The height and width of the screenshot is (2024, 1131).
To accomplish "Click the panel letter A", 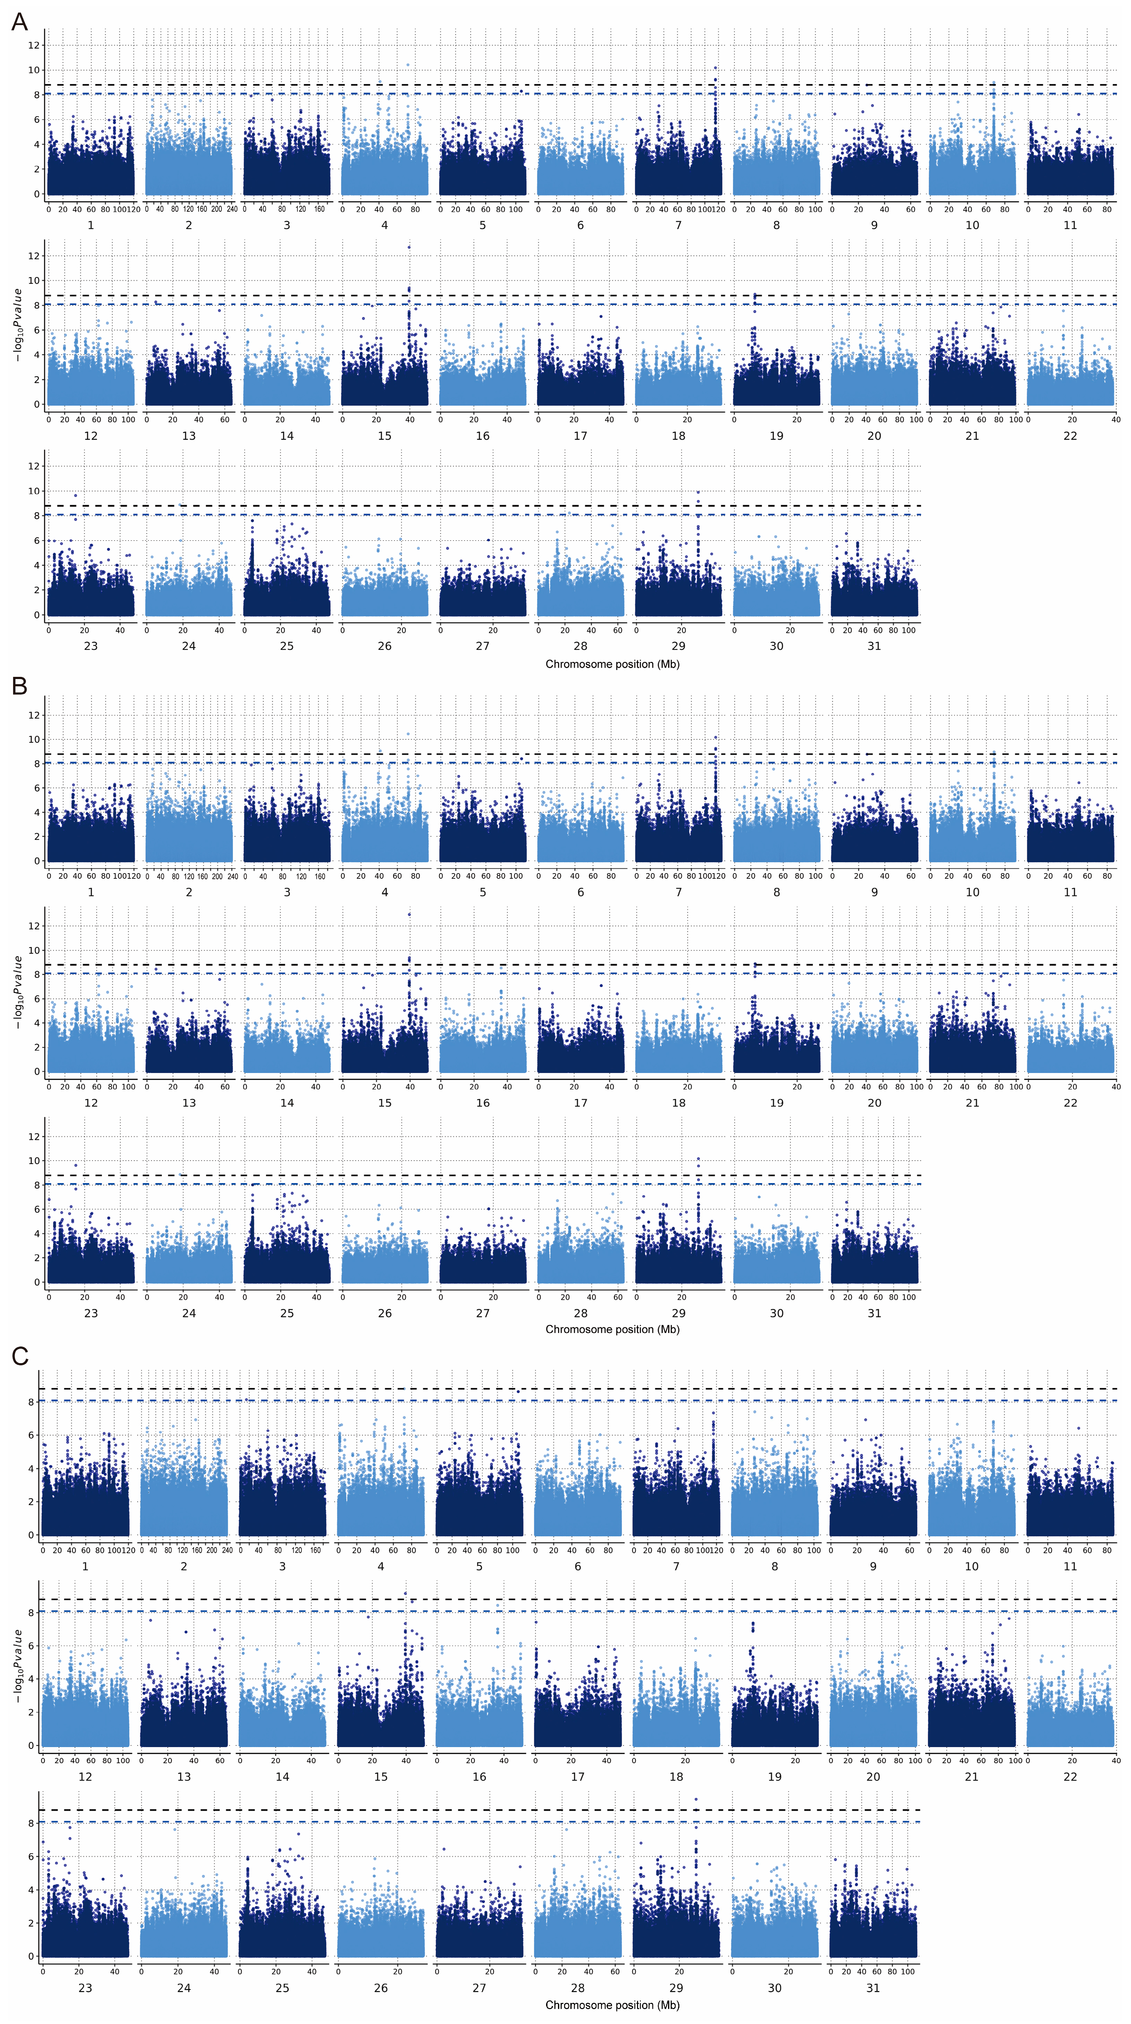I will [x=19, y=21].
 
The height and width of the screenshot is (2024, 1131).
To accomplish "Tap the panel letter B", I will [x=19, y=686].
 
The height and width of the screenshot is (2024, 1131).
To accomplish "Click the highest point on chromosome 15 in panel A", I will [x=409, y=247].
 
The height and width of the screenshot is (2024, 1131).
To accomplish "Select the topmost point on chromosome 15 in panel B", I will [x=409, y=914].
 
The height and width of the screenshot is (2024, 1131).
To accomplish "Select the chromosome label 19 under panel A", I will [x=776, y=436].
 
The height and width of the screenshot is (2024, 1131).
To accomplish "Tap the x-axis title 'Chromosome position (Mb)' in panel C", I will [x=612, y=2005].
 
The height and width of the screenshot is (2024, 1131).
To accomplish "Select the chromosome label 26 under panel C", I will [x=380, y=1988].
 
